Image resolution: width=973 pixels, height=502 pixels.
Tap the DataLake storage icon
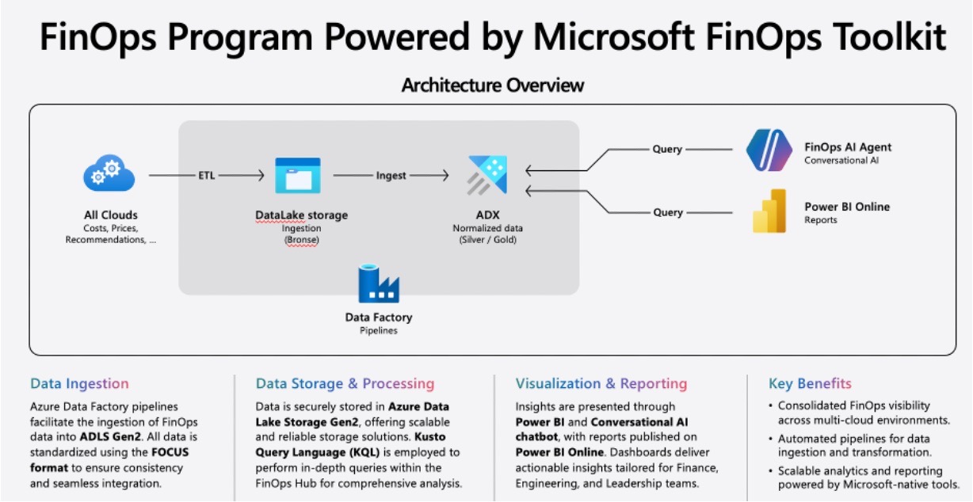point(297,175)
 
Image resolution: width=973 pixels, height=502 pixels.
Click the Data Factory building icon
point(379,283)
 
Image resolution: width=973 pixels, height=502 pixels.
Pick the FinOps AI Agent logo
point(769,150)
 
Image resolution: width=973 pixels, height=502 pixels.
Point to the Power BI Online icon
point(769,211)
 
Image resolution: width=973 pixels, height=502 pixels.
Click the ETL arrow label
point(207,175)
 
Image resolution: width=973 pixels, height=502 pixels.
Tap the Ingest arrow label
point(391,175)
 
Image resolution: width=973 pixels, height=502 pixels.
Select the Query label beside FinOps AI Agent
point(667,149)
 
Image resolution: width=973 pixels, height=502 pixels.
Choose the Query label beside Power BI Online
point(667,212)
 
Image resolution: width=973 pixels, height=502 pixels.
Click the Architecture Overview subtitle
point(492,85)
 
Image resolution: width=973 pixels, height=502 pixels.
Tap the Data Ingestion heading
point(79,384)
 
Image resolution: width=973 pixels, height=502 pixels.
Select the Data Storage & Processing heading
point(345,384)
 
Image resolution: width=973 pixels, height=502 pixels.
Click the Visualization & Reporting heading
point(601,384)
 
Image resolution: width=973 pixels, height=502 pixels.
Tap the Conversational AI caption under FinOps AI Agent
point(842,161)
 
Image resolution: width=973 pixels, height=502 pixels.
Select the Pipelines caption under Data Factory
point(379,331)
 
